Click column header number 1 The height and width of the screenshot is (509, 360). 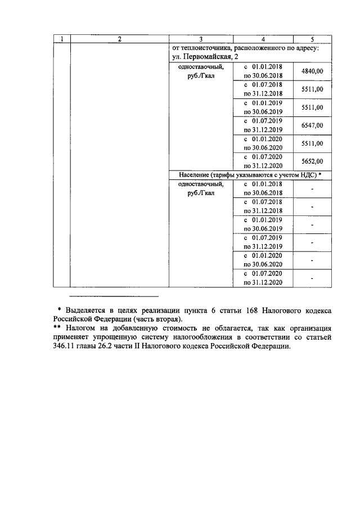coord(62,39)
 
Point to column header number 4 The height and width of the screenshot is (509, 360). coord(263,39)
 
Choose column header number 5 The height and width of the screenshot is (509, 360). coord(312,39)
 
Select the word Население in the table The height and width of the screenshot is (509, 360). coord(196,175)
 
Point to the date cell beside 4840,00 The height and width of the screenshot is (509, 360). coord(263,71)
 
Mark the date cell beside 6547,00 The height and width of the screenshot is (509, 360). coord(263,125)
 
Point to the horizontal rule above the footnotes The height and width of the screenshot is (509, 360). coord(114,296)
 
